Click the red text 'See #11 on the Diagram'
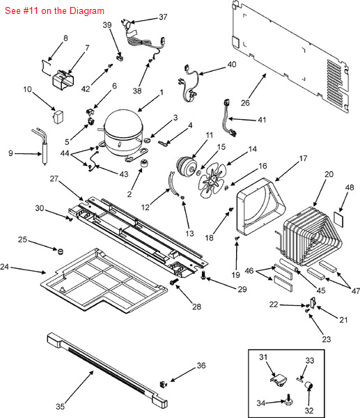[x=54, y=11]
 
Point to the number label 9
[x=10, y=153]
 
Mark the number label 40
[x=232, y=64]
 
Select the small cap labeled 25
[x=61, y=249]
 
